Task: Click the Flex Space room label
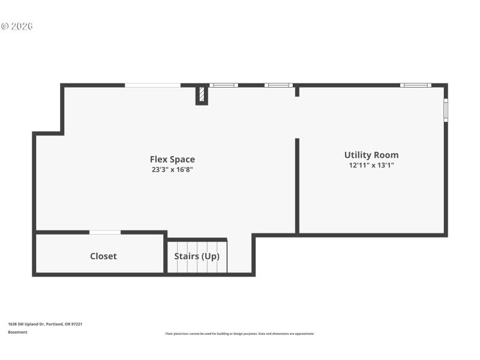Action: coord(172,159)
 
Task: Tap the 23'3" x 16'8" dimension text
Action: coord(172,169)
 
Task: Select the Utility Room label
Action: coord(371,155)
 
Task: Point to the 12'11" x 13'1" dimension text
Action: coord(371,165)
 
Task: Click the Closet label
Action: coord(103,256)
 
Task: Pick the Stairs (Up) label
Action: coord(197,256)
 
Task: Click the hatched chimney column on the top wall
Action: coord(202,95)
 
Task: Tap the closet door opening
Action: coord(105,232)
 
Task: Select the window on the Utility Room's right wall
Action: coord(446,110)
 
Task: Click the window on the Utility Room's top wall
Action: coord(416,85)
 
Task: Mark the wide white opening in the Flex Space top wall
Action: coord(152,85)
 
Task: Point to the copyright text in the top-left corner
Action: coord(17,26)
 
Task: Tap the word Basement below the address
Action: coord(17,332)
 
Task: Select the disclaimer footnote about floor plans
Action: coord(239,334)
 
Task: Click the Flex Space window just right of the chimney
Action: coord(223,85)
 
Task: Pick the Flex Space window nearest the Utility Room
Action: coord(278,85)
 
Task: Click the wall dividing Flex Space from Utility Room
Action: coord(297,186)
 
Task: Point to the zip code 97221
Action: coord(76,324)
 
